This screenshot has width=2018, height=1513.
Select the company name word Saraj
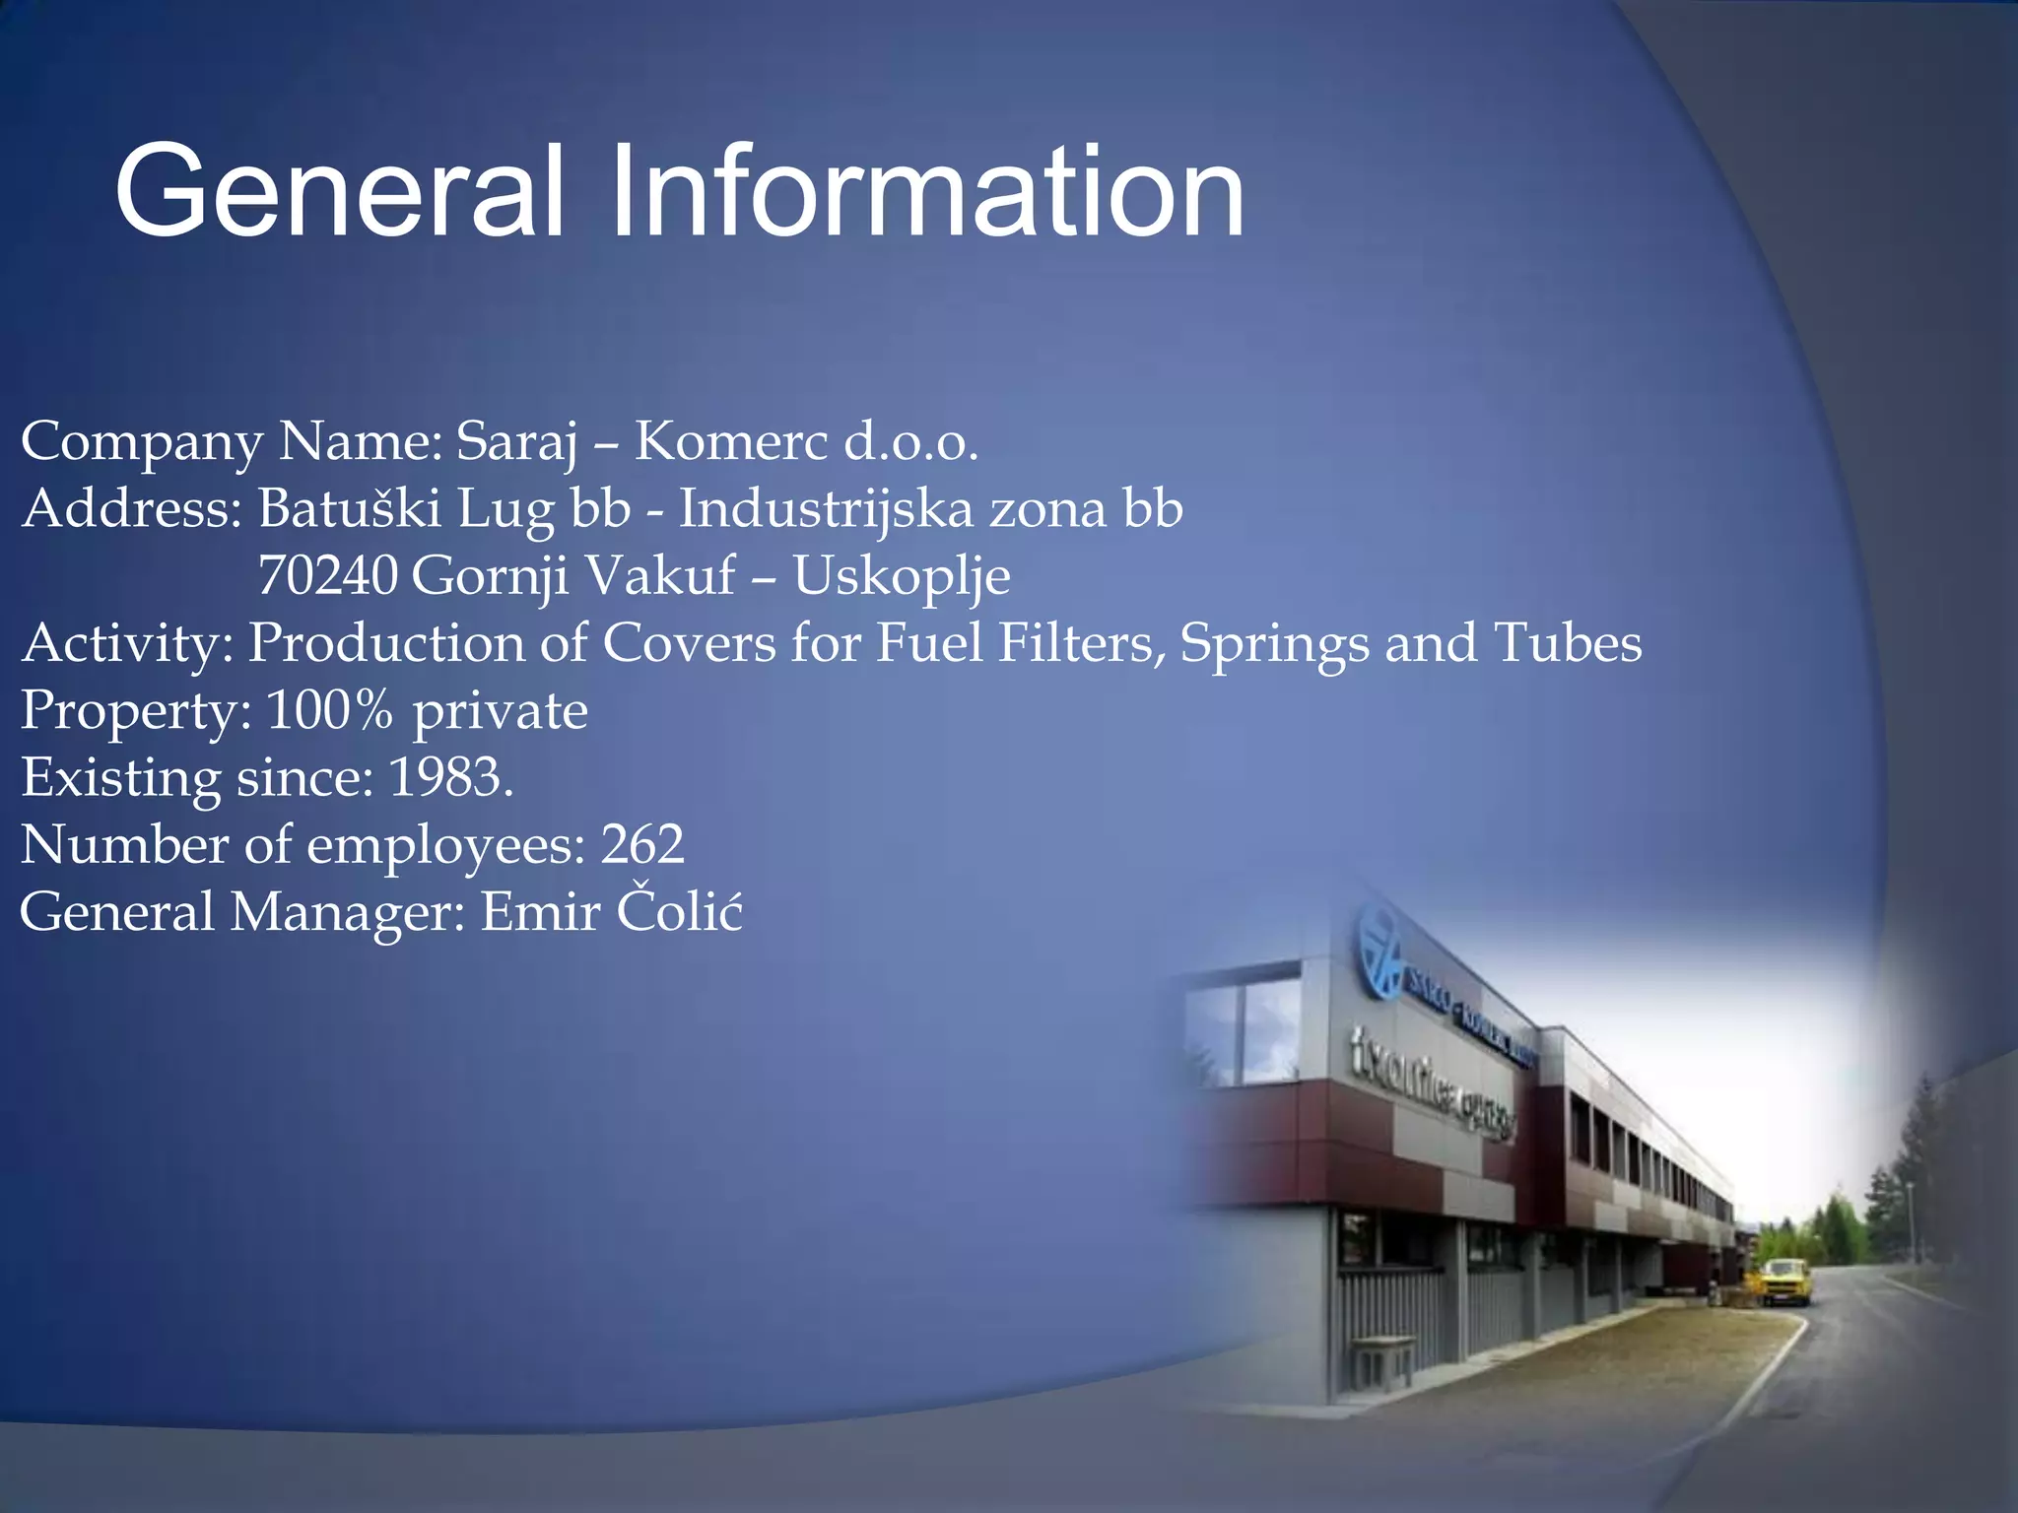coord(516,442)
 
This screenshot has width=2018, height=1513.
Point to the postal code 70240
coord(327,575)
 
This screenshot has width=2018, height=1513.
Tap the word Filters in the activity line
coord(1081,643)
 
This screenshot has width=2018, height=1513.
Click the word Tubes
coord(1568,643)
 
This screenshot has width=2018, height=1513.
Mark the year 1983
coord(450,777)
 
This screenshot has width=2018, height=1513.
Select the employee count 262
coord(642,844)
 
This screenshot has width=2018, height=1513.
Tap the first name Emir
coord(540,911)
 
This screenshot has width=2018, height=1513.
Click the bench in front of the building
coord(1380,1358)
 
